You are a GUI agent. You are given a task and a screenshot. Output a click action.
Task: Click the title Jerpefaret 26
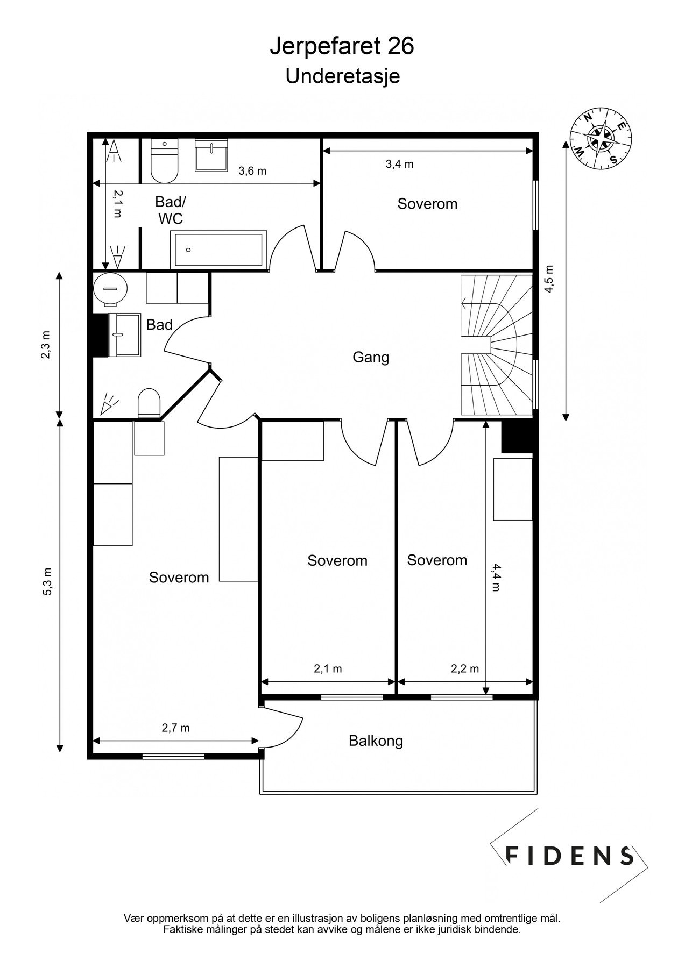tap(342, 47)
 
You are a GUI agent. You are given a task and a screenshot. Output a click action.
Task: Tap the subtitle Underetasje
tap(342, 76)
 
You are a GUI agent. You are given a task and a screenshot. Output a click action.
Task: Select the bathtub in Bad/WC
tap(218, 250)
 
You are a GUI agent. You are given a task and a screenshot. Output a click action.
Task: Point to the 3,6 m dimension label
tap(252, 171)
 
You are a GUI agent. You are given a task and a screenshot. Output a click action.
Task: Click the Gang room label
tap(371, 357)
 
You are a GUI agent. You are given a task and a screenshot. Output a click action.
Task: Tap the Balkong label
tap(376, 741)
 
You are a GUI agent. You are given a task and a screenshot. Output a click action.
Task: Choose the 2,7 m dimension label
tap(176, 728)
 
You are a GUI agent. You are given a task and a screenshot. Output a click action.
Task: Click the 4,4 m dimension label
tap(496, 578)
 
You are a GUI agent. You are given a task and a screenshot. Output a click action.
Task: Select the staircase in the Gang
tap(496, 345)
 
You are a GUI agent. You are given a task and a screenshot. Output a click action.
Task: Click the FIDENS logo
tap(570, 855)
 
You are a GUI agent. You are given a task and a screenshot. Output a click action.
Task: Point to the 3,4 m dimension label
tap(399, 164)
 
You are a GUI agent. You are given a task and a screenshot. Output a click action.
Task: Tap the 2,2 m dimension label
tap(464, 668)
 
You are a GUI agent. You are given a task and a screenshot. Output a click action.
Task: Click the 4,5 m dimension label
tap(549, 279)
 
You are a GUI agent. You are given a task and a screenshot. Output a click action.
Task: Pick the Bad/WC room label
tap(170, 210)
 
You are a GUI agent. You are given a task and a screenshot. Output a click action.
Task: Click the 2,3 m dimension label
tap(47, 345)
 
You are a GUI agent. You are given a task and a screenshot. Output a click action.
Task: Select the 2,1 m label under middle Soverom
tap(328, 668)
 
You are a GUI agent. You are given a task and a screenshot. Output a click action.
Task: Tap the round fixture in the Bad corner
tap(111, 289)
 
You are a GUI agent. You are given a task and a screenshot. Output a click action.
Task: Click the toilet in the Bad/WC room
tap(164, 161)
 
